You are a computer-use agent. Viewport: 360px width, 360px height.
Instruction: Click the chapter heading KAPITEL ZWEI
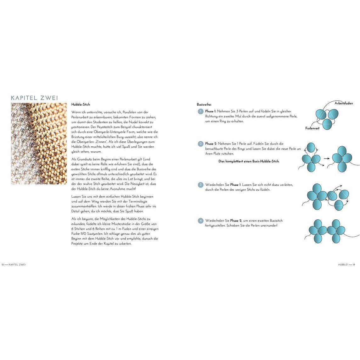35,98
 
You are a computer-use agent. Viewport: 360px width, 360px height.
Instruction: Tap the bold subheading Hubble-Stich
81,104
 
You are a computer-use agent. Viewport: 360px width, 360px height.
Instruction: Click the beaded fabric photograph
39,143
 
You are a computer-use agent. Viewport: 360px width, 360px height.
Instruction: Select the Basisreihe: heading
204,104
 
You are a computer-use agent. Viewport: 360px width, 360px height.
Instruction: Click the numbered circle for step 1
200,111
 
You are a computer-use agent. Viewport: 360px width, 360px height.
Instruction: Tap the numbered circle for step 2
200,144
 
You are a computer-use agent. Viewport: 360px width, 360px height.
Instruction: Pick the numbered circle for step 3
200,185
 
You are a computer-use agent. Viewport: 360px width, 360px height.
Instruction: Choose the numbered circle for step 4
200,221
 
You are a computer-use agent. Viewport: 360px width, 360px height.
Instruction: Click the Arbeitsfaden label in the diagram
344,103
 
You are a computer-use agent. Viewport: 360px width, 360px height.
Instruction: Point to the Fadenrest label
312,128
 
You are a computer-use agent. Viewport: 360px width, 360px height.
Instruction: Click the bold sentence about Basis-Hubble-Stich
249,161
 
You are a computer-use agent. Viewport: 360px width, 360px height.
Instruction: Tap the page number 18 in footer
3,265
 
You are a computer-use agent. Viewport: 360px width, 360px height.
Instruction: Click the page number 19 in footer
354,265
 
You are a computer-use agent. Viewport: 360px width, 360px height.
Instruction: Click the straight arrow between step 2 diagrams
327,158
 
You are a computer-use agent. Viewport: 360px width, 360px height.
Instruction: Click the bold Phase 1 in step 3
235,185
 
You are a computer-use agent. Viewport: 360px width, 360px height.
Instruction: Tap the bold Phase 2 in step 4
236,221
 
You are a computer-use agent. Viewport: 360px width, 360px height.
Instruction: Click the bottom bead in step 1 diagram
327,123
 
